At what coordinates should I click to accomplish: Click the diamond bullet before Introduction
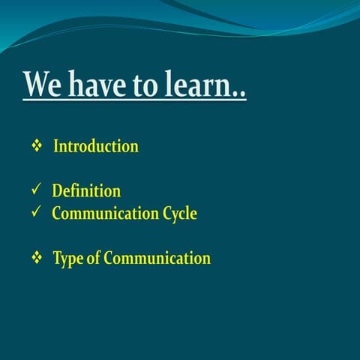tap(36, 146)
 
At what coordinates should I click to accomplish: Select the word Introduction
tap(95, 146)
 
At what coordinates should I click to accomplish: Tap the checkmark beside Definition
tap(35, 191)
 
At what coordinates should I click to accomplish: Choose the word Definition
tap(86, 191)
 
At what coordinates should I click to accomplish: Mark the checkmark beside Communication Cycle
tap(35, 214)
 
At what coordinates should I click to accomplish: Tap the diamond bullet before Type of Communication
tap(36, 259)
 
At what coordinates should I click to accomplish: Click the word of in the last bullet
tap(94, 259)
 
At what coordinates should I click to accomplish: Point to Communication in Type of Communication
tap(157, 259)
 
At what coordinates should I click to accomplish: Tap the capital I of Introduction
tap(55, 146)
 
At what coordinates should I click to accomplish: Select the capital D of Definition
tap(57, 191)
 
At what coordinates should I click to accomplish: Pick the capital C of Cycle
tap(166, 214)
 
